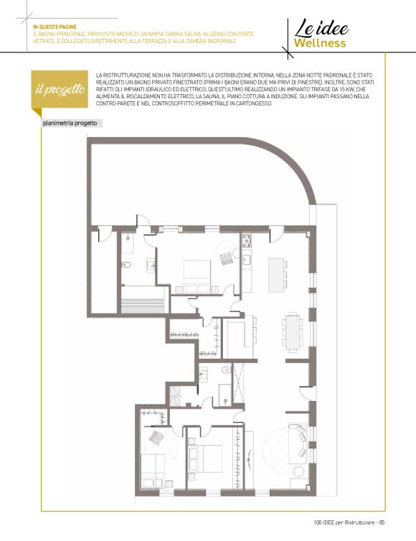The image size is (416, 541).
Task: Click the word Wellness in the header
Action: (x=320, y=43)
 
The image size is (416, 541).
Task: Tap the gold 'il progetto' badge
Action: (x=60, y=90)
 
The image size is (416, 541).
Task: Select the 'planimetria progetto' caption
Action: (x=70, y=123)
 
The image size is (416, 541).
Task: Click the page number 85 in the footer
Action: (x=382, y=522)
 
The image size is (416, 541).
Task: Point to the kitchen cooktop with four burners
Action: (x=247, y=240)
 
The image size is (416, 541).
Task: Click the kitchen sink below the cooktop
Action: (x=246, y=259)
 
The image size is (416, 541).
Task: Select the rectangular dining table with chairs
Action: (x=293, y=331)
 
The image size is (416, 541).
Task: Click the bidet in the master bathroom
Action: (x=126, y=265)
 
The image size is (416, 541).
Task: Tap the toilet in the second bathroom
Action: (x=226, y=370)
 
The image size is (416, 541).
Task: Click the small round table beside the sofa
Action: (x=298, y=471)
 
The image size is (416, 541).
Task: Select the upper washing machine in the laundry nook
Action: (x=175, y=391)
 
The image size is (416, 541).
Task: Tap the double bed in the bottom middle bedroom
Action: (x=204, y=458)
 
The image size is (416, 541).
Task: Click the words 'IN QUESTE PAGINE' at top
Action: (x=55, y=27)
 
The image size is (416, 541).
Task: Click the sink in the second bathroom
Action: (x=204, y=373)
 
